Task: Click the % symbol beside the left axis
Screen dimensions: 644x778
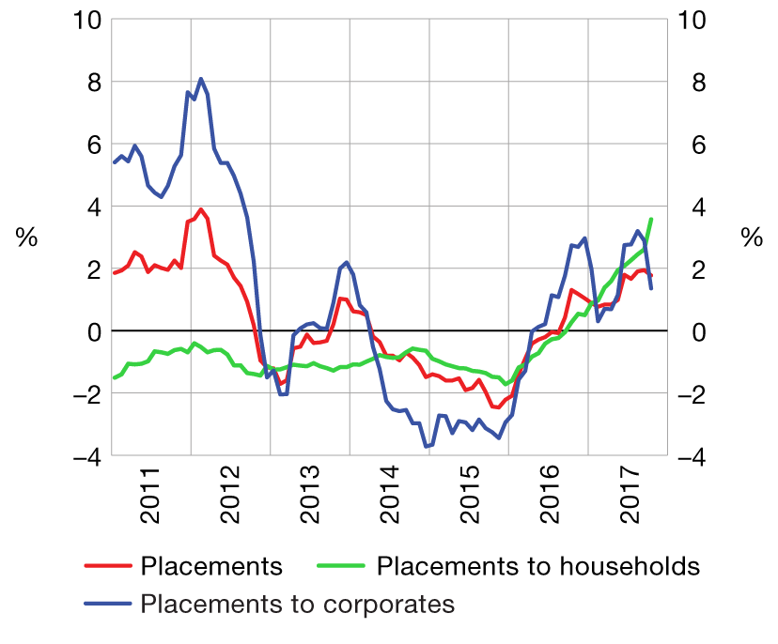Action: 26,238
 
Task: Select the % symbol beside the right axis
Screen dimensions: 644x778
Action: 752,238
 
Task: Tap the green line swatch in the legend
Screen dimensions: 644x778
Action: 343,567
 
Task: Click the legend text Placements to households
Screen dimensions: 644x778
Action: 538,567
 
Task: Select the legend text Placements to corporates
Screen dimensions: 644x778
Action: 298,604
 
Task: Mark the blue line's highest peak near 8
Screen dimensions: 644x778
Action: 201,79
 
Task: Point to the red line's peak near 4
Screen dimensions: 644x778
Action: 201,209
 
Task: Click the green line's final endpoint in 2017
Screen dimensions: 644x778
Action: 651,220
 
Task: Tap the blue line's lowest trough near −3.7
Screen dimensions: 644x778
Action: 426,447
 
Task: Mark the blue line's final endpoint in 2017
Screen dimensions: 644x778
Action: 651,288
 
